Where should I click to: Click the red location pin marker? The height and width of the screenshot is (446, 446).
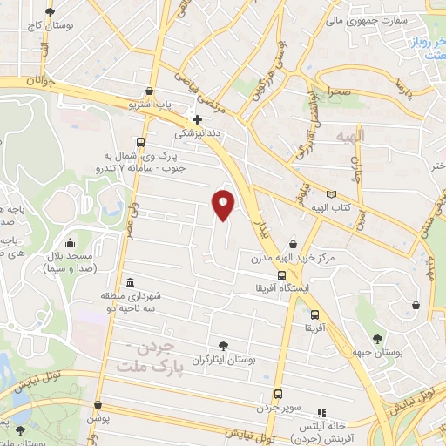[224, 204]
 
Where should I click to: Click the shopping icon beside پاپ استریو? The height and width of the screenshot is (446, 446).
[152, 91]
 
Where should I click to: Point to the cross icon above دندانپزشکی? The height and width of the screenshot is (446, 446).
[197, 119]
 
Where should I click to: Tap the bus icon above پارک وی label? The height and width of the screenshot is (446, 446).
[140, 142]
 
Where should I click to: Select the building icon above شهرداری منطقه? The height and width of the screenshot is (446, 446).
[130, 283]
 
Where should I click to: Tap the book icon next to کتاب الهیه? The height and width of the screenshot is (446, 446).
[330, 194]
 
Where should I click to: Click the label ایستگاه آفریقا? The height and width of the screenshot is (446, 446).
[278, 287]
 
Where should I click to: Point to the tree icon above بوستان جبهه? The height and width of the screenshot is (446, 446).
[377, 339]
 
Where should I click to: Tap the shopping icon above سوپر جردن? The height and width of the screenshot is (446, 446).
[278, 393]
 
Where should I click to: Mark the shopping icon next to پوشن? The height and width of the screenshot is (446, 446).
[99, 405]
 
